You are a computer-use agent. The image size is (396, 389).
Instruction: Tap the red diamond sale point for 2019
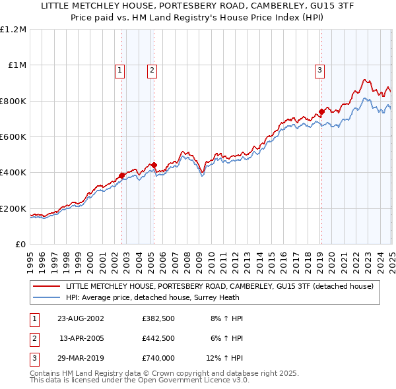(x=321, y=111)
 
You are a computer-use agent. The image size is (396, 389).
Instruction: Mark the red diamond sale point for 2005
(x=154, y=165)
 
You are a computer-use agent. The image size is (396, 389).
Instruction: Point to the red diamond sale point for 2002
(x=122, y=175)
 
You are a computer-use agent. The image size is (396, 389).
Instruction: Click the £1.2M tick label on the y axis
(x=13, y=30)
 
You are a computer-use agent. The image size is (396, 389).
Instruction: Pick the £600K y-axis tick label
(x=13, y=137)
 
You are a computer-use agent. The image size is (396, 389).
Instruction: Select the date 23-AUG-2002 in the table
(x=81, y=318)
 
